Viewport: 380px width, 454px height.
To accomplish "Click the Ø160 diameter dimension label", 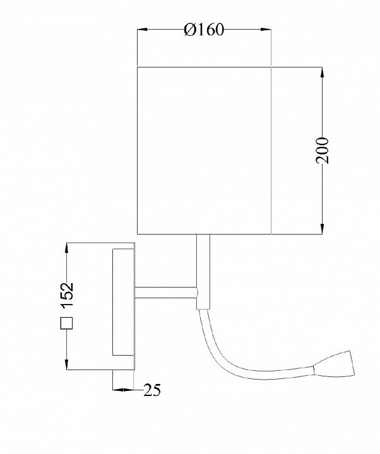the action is [204, 30].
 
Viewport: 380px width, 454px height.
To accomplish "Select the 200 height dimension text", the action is [323, 151].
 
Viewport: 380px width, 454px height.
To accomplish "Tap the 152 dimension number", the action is [67, 294].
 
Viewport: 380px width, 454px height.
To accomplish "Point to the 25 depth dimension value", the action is [152, 390].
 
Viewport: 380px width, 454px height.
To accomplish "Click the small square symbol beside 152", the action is [66, 323].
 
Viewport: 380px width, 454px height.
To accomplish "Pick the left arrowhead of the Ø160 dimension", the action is [142, 30].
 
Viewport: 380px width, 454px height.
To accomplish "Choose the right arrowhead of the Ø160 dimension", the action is [266, 30].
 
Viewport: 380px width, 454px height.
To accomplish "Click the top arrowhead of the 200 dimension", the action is [322, 73].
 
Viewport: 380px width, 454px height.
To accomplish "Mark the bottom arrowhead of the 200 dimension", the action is [322, 228].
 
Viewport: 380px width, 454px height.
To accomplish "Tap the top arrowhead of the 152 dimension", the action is [67, 248].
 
